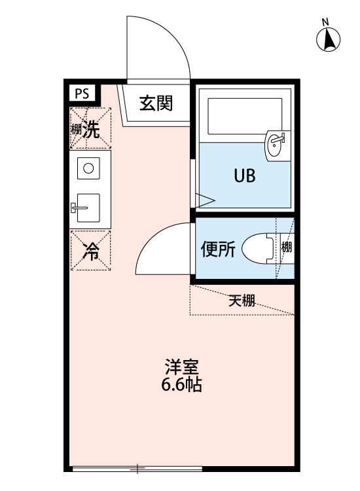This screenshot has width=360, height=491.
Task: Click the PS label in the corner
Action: coord(82,94)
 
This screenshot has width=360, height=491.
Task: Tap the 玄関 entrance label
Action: coord(156,103)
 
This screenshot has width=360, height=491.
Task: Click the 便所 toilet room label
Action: coord(217,249)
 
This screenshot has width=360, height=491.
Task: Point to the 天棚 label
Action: coord(242,301)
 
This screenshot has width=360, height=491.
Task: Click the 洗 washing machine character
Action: coord(94,130)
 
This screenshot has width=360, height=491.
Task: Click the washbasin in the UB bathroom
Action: coord(276,145)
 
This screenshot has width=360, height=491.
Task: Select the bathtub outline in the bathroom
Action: coord(243,117)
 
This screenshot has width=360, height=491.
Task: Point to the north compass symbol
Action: coord(329,40)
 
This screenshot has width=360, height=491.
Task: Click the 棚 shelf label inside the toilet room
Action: coord(287,247)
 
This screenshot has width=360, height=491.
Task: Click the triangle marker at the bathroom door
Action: coord(205,199)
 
